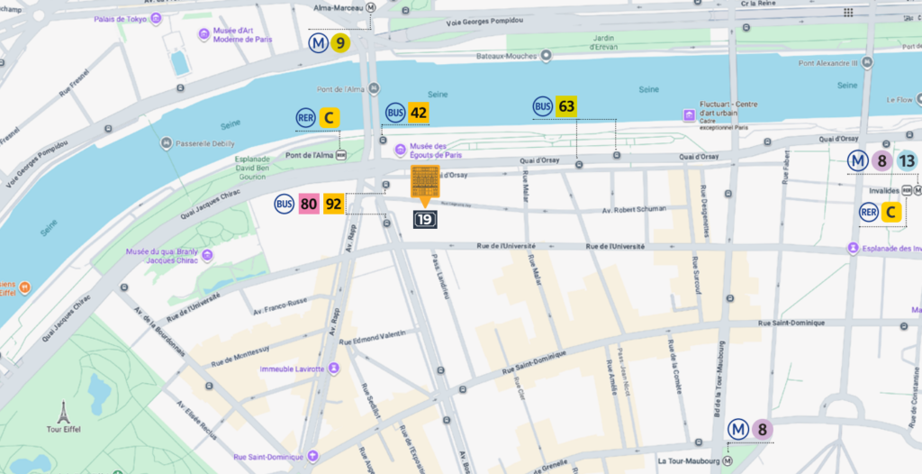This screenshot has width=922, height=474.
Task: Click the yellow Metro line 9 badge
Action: coord(339,43)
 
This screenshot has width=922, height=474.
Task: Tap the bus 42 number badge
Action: coord(418,113)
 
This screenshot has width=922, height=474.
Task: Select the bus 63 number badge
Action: coord(566,106)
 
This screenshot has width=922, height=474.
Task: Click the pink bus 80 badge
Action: coord(309,205)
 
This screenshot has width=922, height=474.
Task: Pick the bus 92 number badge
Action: coord(334,205)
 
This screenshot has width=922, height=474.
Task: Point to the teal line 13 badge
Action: coord(907,161)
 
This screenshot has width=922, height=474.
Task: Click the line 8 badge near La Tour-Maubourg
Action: coord(763,430)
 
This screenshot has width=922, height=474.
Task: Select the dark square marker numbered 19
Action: coord(425,219)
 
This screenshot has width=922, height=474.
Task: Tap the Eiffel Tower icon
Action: coord(63,413)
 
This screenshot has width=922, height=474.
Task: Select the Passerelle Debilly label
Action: coord(204,143)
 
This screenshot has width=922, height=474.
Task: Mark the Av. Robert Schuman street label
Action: coord(633,209)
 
